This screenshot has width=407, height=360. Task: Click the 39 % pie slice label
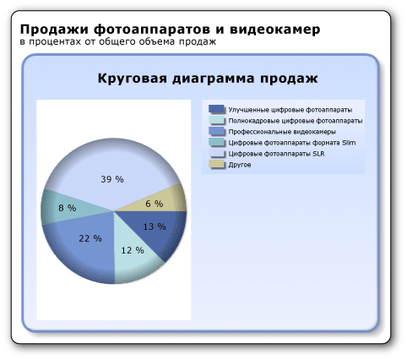(112, 179)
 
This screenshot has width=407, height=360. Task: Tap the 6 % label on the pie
(154, 204)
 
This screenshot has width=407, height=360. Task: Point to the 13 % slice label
(155, 226)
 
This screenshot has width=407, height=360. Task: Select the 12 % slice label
(133, 250)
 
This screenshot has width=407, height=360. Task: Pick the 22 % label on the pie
(90, 238)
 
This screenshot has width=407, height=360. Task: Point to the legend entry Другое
(240, 165)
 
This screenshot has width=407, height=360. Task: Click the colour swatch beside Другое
(217, 165)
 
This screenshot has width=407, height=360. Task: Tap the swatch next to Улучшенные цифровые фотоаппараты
(217, 110)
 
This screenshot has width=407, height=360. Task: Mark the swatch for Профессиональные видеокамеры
(217, 132)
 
